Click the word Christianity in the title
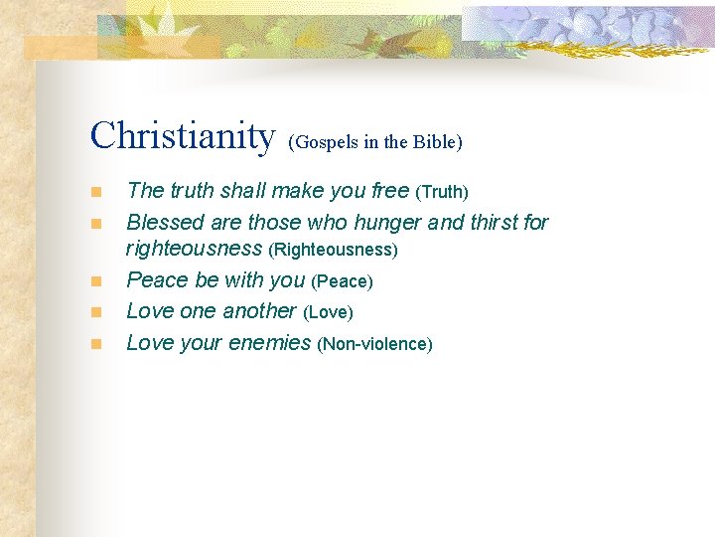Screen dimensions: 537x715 [x=182, y=136]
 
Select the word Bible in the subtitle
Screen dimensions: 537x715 [x=436, y=142]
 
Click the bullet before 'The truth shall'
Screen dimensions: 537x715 [x=95, y=192]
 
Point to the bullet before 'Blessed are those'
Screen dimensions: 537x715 [x=95, y=223]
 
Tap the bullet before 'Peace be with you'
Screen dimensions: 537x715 [x=95, y=282]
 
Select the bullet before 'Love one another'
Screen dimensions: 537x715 [x=95, y=312]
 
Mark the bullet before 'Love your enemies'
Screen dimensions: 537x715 [x=95, y=344]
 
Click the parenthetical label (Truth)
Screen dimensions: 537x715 [x=442, y=191]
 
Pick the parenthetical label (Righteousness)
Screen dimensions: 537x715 [x=334, y=251]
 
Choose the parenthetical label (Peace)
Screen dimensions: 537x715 [x=343, y=281]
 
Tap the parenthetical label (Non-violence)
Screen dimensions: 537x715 [x=374, y=344]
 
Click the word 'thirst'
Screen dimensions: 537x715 [x=490, y=221]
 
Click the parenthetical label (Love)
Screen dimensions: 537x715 [x=329, y=312]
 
